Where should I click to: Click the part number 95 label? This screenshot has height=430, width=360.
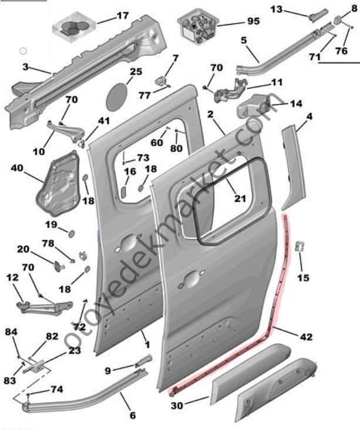click(253, 21)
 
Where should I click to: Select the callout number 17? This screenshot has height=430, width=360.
click(122, 16)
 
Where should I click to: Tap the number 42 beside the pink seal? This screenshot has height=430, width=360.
click(306, 337)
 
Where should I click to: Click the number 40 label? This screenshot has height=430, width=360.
click(17, 168)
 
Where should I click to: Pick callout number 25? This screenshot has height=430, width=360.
click(136, 72)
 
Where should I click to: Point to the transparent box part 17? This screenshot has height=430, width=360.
click(75, 26)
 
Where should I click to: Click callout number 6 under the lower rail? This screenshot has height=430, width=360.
click(132, 415)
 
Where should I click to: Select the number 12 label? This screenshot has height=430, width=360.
click(12, 277)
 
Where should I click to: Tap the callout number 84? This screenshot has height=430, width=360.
click(11, 332)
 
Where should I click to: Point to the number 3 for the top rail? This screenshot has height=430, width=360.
click(25, 67)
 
